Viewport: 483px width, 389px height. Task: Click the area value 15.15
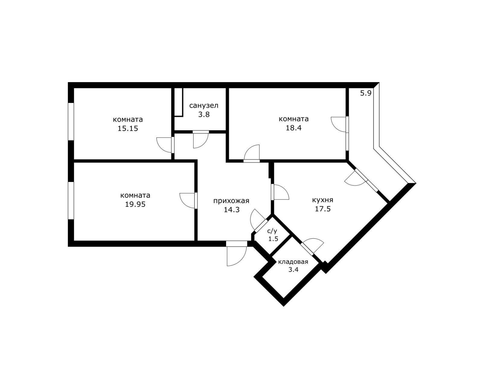[x=128, y=129]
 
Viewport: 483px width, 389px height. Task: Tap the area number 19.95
[x=135, y=205]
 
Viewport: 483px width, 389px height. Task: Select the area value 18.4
[x=293, y=128]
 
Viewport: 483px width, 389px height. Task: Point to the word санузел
[x=203, y=106]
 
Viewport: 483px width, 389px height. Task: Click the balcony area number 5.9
[x=366, y=93]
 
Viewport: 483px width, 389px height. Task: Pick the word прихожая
[x=231, y=201]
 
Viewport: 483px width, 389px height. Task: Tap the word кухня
[x=322, y=200]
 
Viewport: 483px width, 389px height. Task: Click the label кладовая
[x=293, y=262]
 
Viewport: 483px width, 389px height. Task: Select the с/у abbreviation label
[x=272, y=231]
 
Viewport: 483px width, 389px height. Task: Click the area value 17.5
[x=323, y=209]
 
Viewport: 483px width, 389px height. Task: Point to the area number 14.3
[x=232, y=210]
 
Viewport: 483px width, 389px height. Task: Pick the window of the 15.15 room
[x=71, y=122]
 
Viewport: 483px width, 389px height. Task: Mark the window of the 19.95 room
[x=71, y=200]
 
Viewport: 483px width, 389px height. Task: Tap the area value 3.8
[x=203, y=115]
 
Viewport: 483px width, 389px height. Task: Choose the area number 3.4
[x=293, y=269]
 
